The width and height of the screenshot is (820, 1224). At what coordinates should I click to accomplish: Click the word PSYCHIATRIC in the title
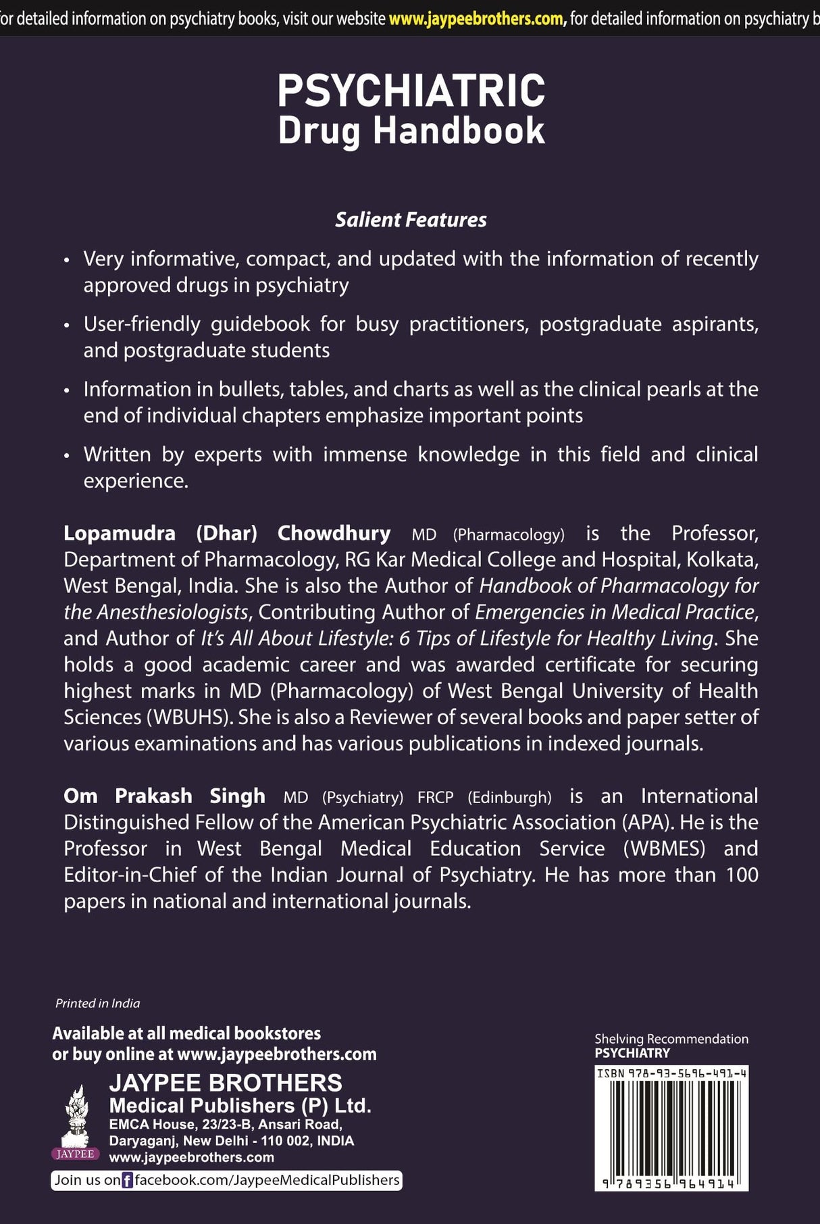[411, 91]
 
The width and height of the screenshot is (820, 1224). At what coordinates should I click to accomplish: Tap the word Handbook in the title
[459, 131]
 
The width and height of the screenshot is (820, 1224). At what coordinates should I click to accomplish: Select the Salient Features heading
[411, 220]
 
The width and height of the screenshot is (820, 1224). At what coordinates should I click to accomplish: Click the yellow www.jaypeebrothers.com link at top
[477, 19]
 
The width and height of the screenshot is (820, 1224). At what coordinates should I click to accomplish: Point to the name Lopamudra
[120, 534]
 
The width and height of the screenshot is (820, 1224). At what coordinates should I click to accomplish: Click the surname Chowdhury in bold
[334, 534]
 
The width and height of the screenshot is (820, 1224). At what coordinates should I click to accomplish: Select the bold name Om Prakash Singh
[164, 796]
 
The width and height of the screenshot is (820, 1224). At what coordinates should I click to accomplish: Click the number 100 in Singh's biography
[742, 875]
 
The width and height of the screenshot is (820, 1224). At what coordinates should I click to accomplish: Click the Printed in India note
[97, 1004]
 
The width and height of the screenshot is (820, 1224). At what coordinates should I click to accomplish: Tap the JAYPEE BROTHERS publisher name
[226, 1083]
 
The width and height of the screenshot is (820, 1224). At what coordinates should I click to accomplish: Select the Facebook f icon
[127, 1181]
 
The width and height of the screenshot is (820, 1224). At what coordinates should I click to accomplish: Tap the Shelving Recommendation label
[671, 1039]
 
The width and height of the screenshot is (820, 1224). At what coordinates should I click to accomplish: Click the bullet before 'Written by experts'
[66, 456]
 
